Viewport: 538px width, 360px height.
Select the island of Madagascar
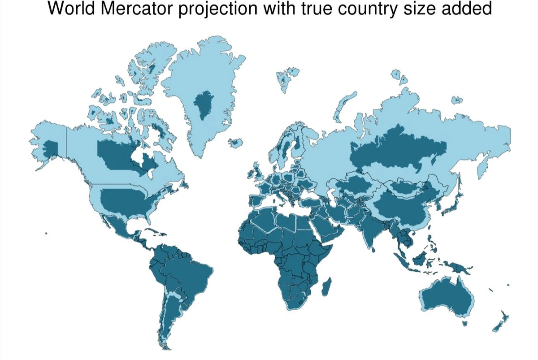coord(327,286)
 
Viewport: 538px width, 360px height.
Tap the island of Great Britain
coord(258,173)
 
